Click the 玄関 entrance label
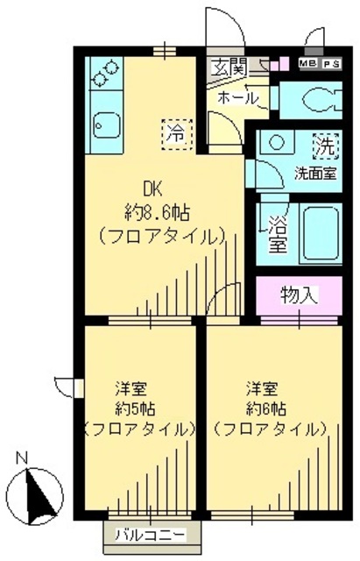229,65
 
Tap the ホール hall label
236,97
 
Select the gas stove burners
105,73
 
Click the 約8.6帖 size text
158,212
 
